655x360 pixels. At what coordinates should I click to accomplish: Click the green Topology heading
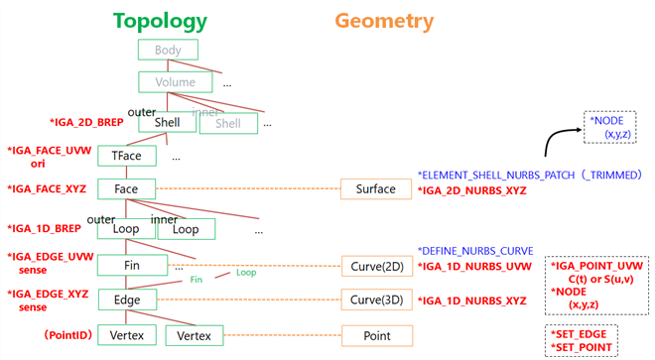[x=160, y=21]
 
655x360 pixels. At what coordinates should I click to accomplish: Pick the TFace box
[x=126, y=157]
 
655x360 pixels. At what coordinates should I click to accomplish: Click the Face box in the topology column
[x=126, y=188]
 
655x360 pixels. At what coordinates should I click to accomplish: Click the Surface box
[x=376, y=188]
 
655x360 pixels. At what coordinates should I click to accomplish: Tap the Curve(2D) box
[x=376, y=266]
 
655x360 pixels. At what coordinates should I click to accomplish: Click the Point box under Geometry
[x=376, y=336]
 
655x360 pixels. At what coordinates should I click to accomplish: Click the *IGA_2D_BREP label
[x=87, y=122]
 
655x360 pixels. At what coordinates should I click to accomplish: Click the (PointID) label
[x=66, y=336]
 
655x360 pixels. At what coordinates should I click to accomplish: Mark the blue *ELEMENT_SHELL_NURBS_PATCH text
[x=507, y=174]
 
